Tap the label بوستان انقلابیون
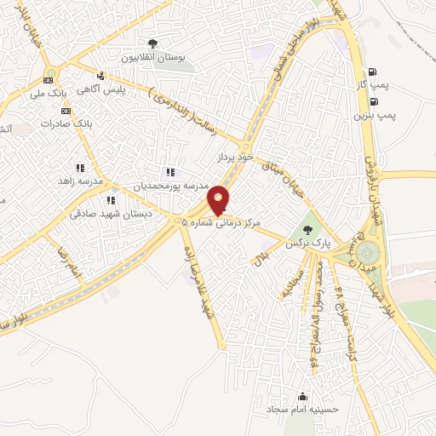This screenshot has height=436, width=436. pos(152,58)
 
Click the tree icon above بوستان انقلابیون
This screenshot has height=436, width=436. pos(152,43)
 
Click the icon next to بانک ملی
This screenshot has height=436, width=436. pos(48,79)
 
